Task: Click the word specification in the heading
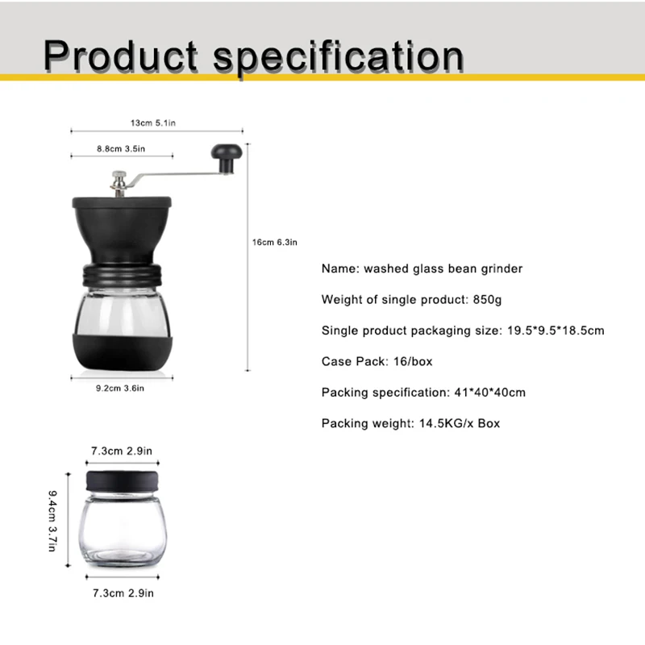point(338,56)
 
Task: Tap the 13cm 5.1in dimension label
point(154,123)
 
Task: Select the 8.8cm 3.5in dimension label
point(120,148)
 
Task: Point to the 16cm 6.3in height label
point(275,242)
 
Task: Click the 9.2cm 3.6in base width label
point(120,388)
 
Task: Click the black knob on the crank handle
point(226,154)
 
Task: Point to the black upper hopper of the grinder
point(120,230)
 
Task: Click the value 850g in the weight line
point(486,299)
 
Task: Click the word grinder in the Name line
point(501,268)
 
